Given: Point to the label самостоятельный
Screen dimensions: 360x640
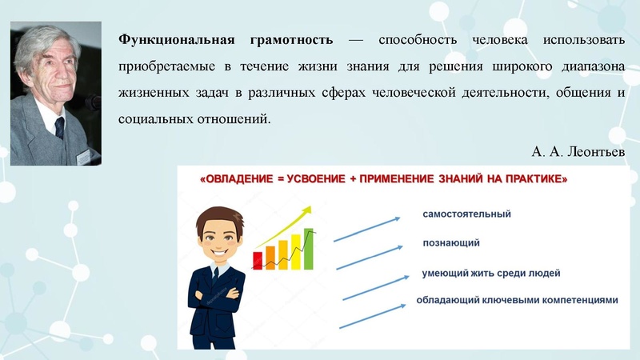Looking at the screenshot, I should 466,214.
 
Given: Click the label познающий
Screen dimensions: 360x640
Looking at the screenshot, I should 450,243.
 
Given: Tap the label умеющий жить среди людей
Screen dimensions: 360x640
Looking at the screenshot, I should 490,273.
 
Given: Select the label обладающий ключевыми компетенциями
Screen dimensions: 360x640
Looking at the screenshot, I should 517,301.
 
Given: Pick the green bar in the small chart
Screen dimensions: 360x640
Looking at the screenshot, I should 308,249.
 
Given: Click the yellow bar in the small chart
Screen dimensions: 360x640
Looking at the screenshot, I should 295,251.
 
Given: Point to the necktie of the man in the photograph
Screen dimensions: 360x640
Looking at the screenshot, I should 58,127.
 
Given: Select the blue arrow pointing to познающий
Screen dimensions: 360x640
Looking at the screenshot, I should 369,257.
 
